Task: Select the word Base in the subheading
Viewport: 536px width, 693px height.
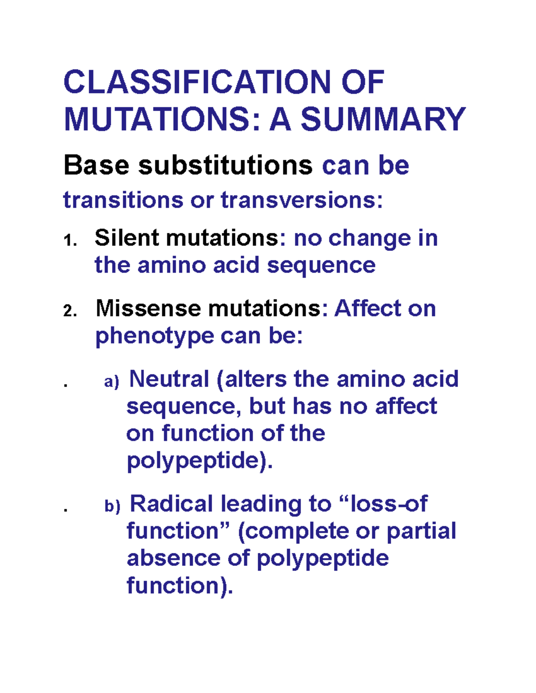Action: point(96,165)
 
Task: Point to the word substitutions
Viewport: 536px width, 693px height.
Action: point(225,165)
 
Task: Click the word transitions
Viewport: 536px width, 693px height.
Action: point(123,200)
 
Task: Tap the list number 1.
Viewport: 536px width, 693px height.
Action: point(70,241)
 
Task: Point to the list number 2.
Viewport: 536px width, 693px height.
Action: point(70,311)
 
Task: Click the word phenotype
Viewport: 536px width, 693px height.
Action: point(155,336)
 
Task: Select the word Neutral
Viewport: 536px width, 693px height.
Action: point(169,379)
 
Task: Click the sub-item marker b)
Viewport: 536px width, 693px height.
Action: point(112,506)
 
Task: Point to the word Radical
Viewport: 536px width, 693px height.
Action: point(171,504)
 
